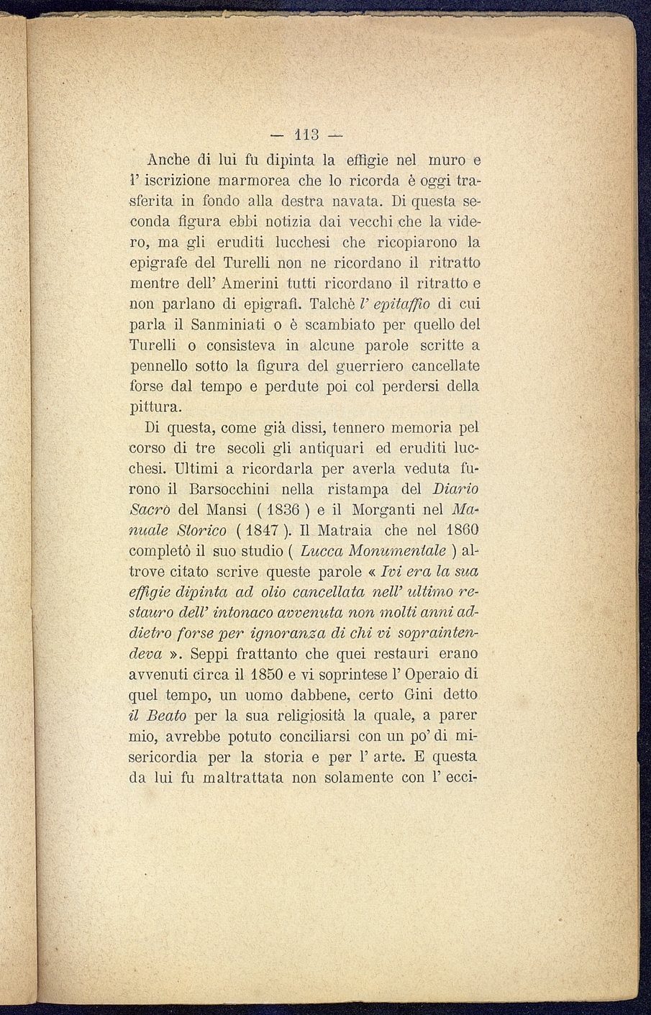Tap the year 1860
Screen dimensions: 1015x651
[459, 531]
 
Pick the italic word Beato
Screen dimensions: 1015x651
[167, 716]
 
